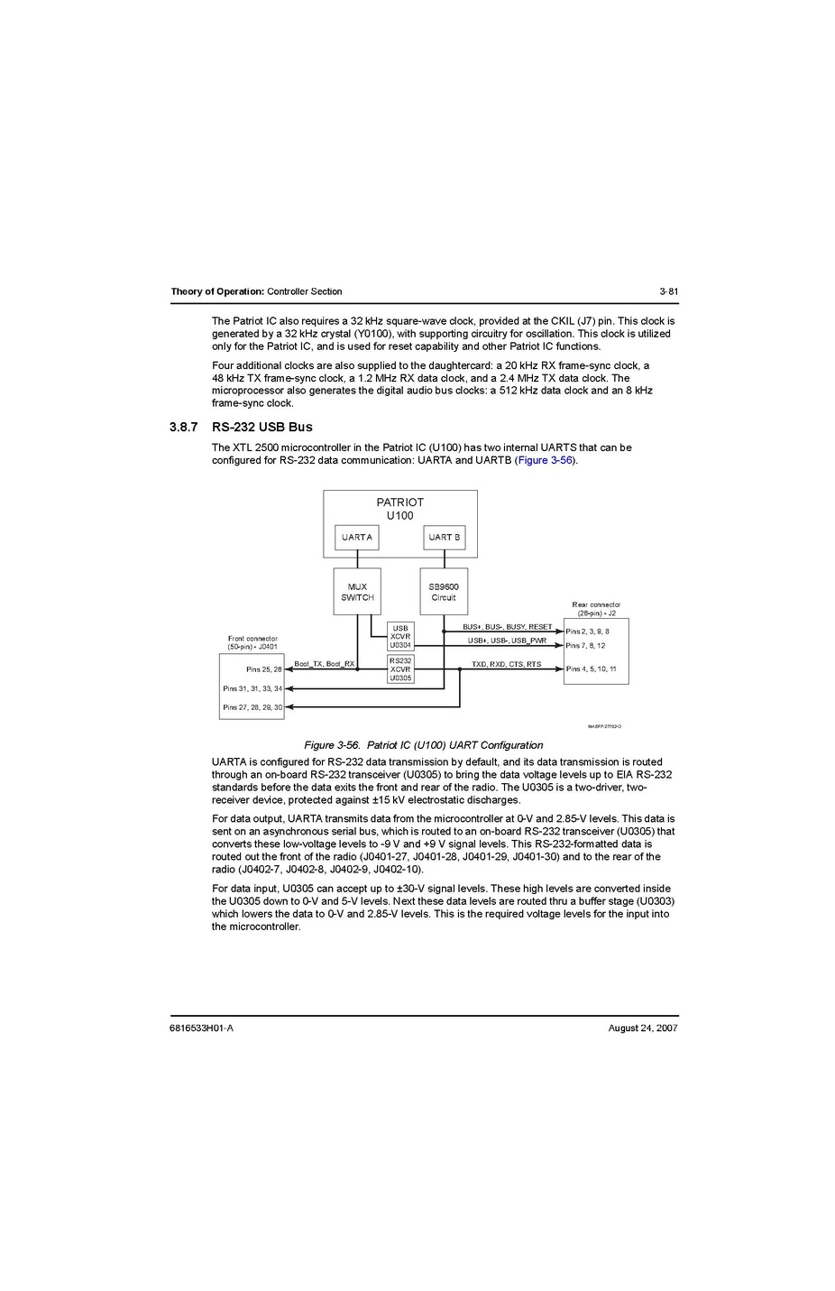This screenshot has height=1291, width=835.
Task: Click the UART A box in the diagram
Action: point(357,538)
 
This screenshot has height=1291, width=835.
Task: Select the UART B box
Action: point(445,538)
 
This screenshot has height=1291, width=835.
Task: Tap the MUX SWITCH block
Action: point(357,592)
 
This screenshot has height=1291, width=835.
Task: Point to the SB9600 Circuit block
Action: point(444,592)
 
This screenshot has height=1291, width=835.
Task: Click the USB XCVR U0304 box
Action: point(400,637)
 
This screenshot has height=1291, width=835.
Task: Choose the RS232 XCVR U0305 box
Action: point(400,669)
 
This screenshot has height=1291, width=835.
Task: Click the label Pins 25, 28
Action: point(264,669)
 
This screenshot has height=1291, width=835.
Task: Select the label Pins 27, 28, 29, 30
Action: point(252,707)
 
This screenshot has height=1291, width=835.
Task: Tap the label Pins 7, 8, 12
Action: point(585,646)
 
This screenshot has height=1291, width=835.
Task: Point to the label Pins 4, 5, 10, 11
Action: point(591,669)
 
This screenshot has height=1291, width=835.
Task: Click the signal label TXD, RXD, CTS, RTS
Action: point(507,664)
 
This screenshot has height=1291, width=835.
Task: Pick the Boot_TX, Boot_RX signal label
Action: point(325,664)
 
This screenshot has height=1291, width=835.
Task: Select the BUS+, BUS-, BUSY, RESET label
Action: point(508,627)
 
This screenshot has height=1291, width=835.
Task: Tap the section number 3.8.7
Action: point(183,427)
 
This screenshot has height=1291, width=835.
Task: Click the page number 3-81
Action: point(668,291)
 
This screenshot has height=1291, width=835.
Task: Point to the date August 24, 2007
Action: point(643,1028)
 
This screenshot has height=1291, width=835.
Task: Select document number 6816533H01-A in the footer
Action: point(201,1028)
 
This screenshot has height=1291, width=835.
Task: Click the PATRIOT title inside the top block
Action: point(399,503)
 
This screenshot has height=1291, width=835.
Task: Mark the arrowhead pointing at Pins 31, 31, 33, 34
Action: point(289,688)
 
